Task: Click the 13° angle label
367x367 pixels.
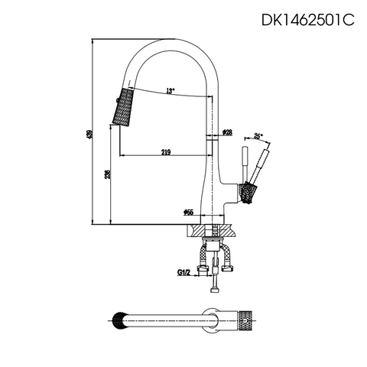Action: pyautogui.click(x=169, y=91)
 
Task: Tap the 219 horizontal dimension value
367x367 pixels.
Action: pyautogui.click(x=166, y=151)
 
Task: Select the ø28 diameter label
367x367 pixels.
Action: pyautogui.click(x=227, y=133)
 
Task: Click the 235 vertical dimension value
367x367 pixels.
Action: pyautogui.click(x=108, y=175)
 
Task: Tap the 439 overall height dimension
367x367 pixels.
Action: pyautogui.click(x=89, y=133)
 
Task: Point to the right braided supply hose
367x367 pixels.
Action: pyautogui.click(x=227, y=260)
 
